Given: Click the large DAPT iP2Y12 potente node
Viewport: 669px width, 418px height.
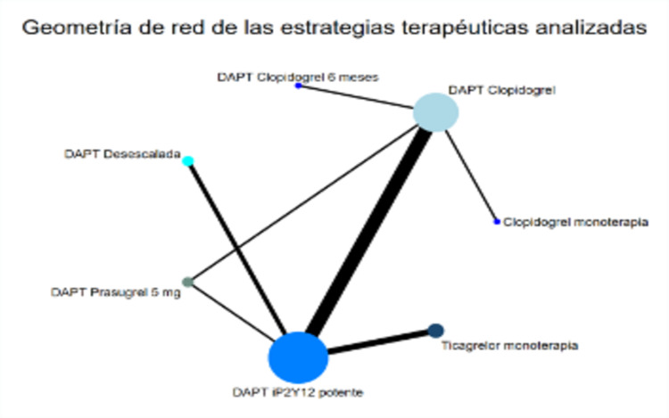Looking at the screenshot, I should [298, 357].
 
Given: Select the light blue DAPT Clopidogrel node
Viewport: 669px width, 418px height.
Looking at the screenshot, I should [435, 113].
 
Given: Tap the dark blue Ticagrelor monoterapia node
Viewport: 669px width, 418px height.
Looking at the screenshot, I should [435, 331].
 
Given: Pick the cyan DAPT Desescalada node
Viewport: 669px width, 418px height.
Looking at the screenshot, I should [188, 160].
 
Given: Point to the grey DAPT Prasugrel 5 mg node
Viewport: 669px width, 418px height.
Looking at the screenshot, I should [186, 283].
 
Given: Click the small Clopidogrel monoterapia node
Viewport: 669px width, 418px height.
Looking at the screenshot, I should [497, 221].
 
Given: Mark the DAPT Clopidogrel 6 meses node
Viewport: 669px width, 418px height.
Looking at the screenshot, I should [299, 86].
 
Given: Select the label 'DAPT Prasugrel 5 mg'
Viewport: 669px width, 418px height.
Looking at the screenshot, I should [115, 291].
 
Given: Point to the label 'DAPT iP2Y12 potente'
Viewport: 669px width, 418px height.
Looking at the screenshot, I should [297, 391].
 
